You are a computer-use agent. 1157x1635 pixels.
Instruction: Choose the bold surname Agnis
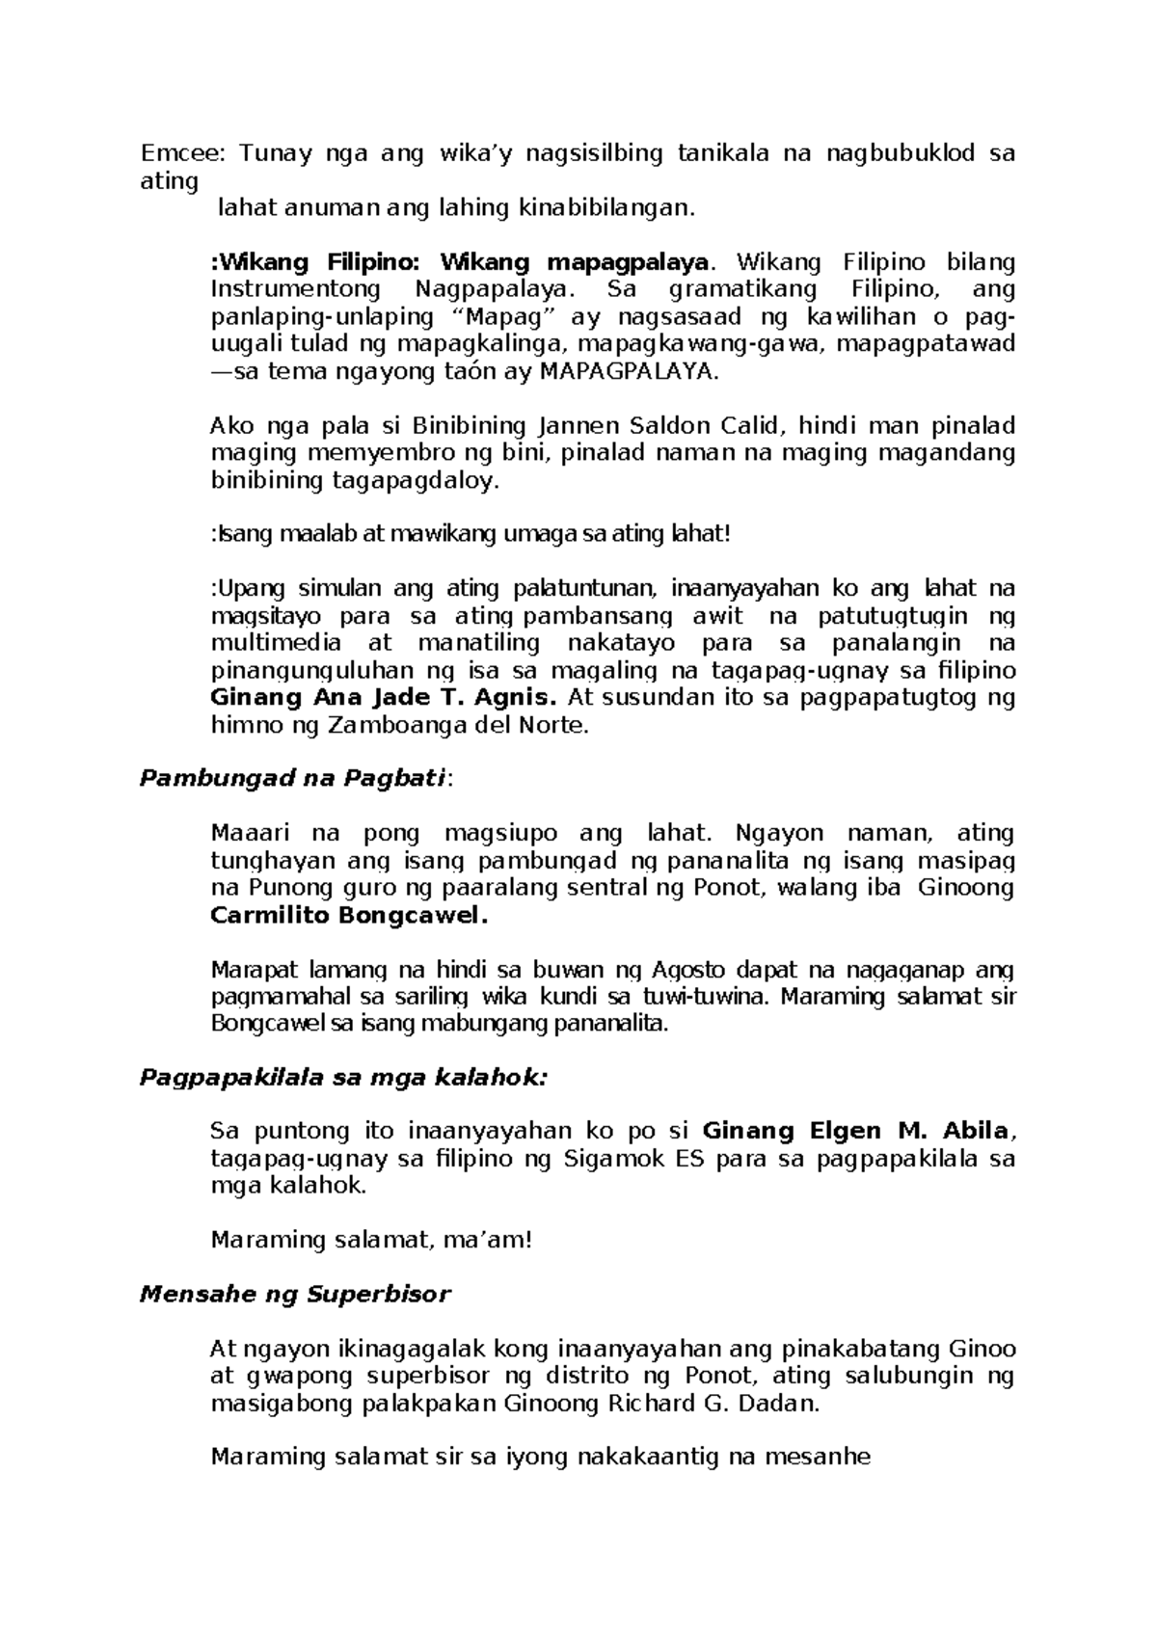510,697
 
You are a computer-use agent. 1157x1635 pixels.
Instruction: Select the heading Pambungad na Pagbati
293,779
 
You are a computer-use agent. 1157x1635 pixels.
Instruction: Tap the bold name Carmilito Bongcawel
348,915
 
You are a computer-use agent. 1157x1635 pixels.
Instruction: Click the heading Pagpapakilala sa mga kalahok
342,1078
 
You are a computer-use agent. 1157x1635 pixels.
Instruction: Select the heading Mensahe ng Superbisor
295,1294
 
